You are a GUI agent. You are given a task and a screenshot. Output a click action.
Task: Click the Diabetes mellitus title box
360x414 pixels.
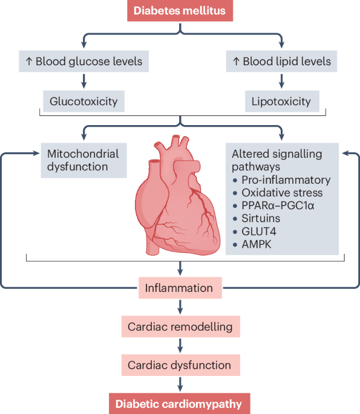click(x=180, y=10)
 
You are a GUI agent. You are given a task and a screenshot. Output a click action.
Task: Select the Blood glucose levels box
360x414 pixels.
click(x=84, y=61)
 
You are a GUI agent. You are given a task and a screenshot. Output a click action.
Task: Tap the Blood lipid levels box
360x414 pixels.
click(x=281, y=61)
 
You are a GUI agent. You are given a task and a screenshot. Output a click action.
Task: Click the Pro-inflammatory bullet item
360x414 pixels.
click(x=284, y=180)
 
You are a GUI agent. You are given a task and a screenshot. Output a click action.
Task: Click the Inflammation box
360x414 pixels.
click(x=180, y=288)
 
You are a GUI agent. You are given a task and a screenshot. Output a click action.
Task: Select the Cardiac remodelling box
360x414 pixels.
click(x=180, y=327)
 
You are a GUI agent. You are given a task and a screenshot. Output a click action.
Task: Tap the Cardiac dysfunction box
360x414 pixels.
click(x=180, y=365)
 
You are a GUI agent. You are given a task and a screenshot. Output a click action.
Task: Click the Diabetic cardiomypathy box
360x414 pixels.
click(x=180, y=404)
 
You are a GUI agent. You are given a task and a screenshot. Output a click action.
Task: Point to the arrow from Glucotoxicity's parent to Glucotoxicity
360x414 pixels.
click(x=84, y=80)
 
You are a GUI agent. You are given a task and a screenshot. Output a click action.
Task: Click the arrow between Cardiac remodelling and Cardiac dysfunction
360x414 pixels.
click(x=180, y=346)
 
